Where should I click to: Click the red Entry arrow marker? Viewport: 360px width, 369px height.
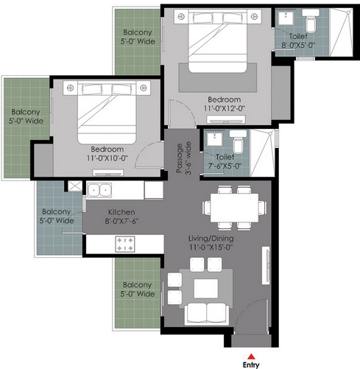point(250,356)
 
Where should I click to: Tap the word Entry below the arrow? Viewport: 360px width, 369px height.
point(251,365)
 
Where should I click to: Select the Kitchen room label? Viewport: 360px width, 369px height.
point(121,212)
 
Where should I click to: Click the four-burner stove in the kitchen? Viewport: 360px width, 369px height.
point(125,244)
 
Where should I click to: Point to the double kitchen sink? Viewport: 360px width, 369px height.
point(99,190)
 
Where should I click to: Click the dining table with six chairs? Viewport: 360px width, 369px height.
point(234,208)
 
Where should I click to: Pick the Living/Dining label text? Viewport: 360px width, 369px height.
point(211,239)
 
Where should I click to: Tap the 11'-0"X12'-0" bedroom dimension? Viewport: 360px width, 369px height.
point(225,108)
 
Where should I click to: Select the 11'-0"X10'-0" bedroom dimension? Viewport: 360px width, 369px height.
point(107,158)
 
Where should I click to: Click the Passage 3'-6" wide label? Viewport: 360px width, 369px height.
point(183,158)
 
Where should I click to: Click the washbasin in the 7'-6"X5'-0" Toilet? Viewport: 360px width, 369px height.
point(214,139)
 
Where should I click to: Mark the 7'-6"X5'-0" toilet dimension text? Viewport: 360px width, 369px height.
point(225,166)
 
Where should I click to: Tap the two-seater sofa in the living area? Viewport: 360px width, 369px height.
point(207,314)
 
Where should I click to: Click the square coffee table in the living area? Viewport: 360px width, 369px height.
point(206,288)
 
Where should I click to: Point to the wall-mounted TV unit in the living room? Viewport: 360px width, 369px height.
point(266,265)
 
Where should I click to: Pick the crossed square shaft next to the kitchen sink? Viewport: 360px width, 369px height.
point(75,186)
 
